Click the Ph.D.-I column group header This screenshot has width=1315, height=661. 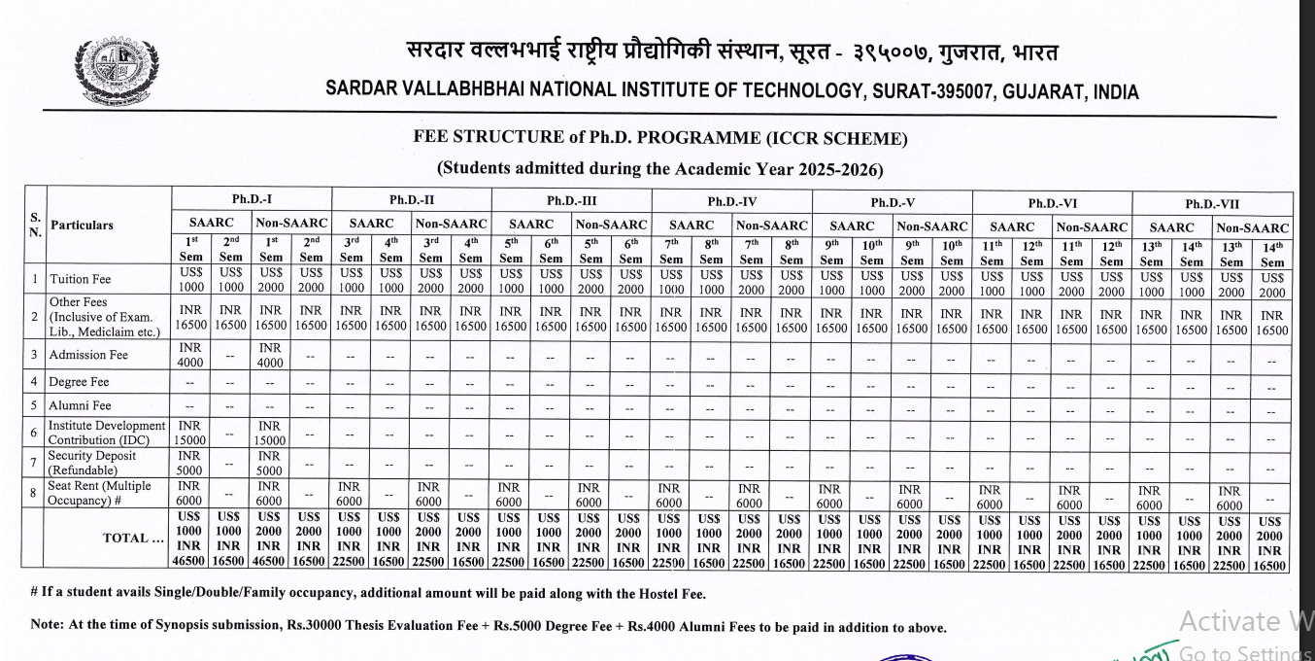[252, 199]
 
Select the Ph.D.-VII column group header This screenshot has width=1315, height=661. [1212, 204]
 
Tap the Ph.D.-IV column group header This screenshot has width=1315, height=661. [731, 201]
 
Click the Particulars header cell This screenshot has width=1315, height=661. [82, 226]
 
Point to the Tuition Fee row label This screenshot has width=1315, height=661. [80, 279]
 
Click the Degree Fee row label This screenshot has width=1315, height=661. [79, 381]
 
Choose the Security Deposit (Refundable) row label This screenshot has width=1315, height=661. [92, 463]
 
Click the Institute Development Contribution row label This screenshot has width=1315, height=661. [107, 433]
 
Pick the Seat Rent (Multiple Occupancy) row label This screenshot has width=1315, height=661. [100, 493]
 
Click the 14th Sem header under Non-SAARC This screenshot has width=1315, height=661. [1272, 253]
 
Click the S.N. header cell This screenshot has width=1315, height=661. [35, 225]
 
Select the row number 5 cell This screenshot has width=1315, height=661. [34, 405]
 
